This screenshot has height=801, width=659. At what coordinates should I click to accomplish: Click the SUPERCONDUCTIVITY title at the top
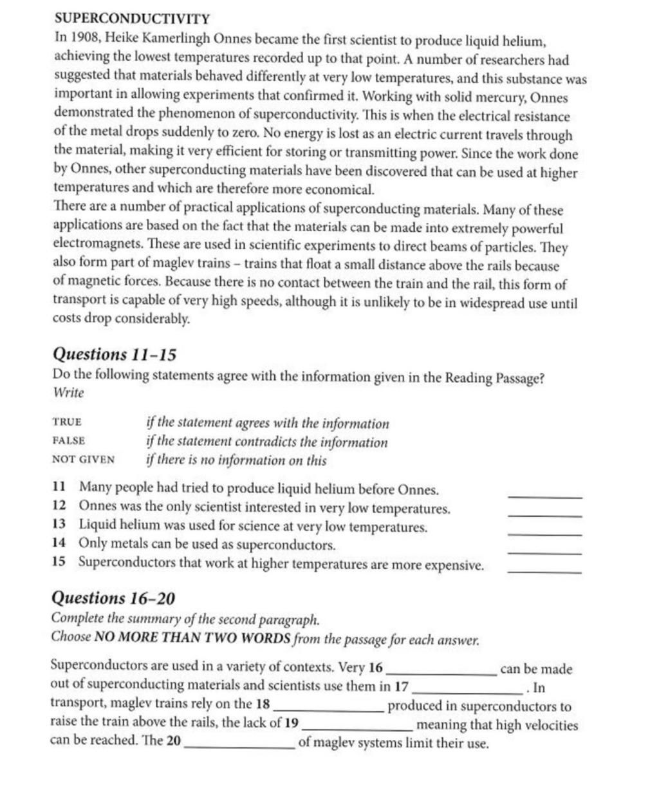pos(131,18)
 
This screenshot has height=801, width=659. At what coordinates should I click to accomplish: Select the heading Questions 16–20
pos(113,598)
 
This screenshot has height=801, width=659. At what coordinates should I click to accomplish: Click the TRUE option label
pos(67,422)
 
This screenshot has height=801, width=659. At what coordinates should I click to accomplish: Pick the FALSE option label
pos(68,441)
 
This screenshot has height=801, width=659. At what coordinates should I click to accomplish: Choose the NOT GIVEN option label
pos(83,460)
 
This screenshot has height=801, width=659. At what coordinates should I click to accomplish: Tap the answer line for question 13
pos(544,534)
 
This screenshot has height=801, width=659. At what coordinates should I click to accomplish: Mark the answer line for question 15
pos(544,572)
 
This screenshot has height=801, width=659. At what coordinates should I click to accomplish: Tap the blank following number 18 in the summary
pos(328,709)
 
